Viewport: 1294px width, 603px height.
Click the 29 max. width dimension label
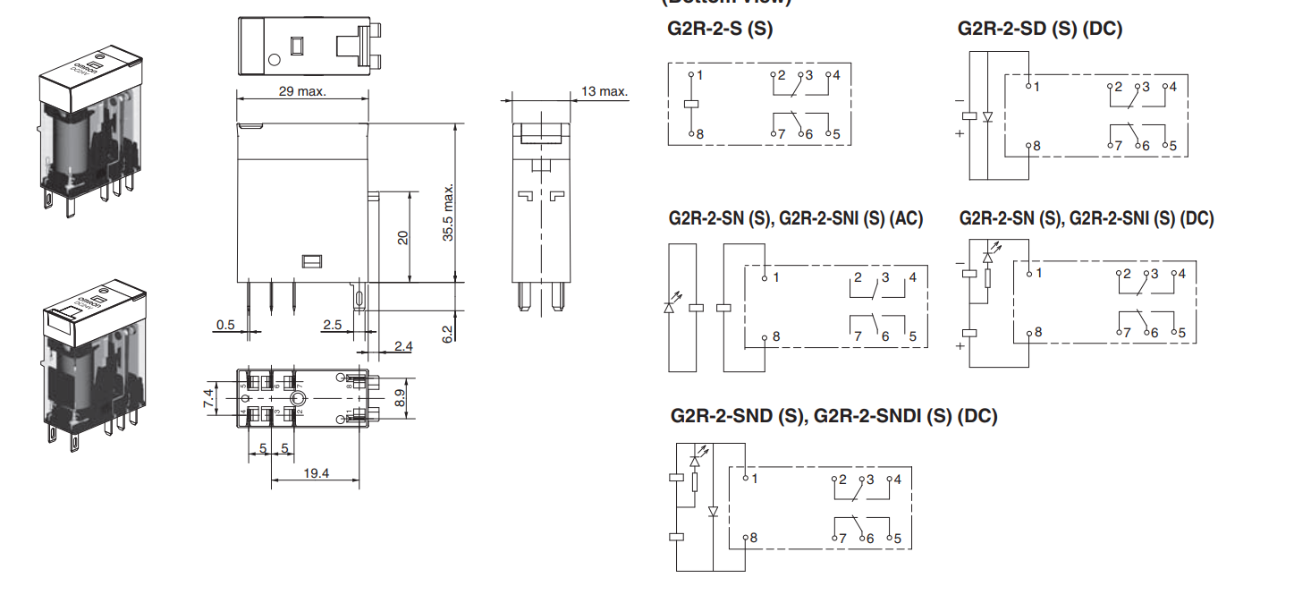tap(301, 91)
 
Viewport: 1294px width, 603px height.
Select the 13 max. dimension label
tap(605, 91)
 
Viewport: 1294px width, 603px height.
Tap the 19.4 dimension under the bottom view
tap(316, 473)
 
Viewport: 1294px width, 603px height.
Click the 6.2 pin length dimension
tap(448, 334)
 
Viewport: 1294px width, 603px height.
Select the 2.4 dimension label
tap(402, 345)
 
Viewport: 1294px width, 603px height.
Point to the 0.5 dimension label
tap(225, 325)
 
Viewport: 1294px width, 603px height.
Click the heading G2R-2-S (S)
tap(720, 29)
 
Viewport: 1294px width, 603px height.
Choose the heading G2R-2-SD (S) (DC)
tap(1039, 29)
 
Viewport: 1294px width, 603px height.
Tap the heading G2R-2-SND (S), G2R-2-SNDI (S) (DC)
tap(833, 416)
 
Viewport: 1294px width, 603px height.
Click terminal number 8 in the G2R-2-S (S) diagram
tap(699, 134)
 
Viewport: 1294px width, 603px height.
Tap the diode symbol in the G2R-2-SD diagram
tap(988, 117)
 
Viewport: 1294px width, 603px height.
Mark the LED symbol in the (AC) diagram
tap(670, 308)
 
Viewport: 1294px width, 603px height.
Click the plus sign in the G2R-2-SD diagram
tap(960, 134)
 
